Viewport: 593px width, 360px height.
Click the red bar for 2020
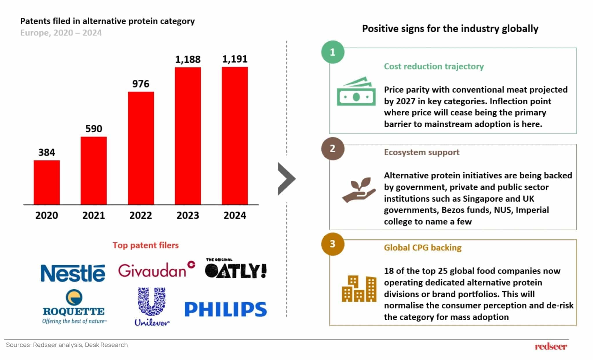pos(47,182)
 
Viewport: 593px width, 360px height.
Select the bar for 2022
pos(141,148)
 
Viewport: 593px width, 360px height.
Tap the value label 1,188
pos(188,59)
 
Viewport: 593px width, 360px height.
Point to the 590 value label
pos(94,129)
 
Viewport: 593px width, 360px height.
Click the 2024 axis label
pos(235,215)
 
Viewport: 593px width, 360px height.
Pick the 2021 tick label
pos(94,215)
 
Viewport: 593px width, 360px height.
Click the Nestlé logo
pos(73,273)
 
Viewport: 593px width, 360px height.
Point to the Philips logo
pos(226,309)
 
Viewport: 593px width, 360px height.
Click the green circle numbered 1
pos(333,52)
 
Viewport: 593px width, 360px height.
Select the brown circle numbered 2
pos(333,149)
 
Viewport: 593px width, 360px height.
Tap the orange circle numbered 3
pos(333,244)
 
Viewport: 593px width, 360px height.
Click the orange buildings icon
pos(359,289)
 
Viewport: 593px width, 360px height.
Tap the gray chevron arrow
pos(286,179)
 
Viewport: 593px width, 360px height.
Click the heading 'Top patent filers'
pos(146,245)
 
